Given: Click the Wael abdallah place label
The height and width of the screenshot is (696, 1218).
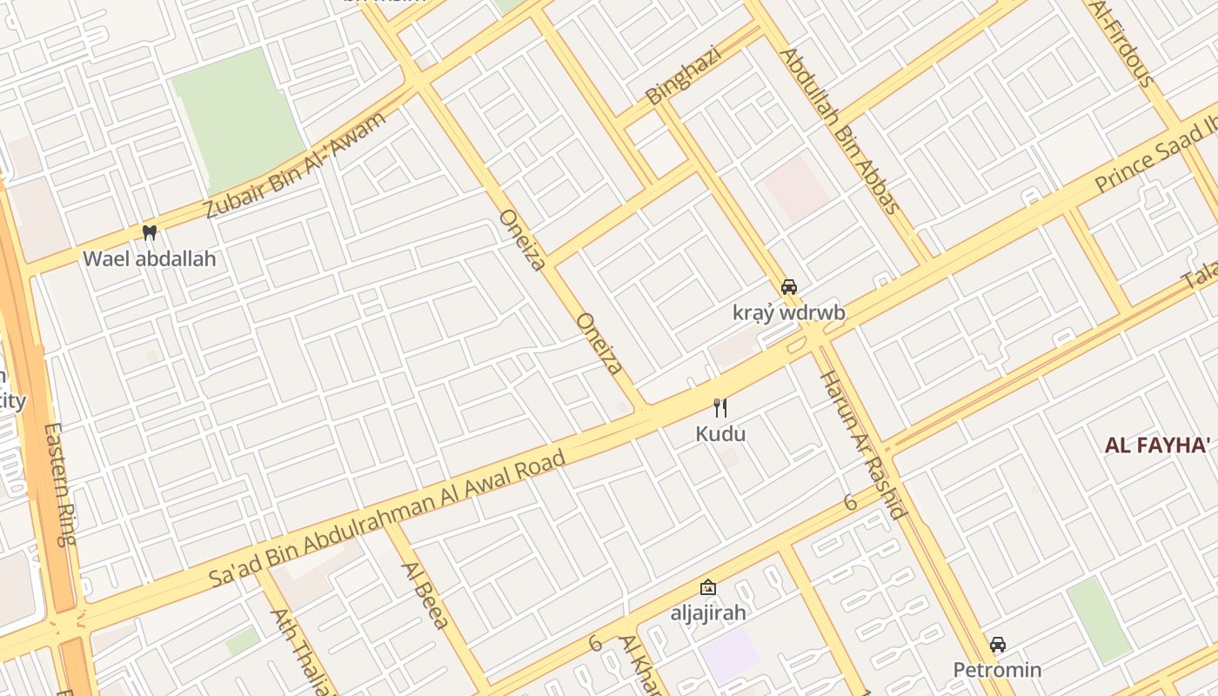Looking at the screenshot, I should pyautogui.click(x=149, y=258).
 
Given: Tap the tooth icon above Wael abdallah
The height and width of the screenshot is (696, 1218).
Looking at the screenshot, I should pyautogui.click(x=149, y=232).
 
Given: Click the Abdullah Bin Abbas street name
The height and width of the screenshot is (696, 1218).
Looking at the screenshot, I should pyautogui.click(x=840, y=131).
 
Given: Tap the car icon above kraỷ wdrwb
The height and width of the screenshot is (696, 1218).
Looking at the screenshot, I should pyautogui.click(x=789, y=286).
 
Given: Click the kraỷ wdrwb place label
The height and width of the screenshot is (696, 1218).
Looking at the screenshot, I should pyautogui.click(x=788, y=312).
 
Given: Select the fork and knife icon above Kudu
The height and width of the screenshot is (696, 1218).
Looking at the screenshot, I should pyautogui.click(x=719, y=407).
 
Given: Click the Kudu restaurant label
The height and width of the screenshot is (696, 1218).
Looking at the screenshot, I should pyautogui.click(x=720, y=433).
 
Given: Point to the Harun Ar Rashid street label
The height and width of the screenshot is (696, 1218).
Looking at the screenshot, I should pyautogui.click(x=864, y=444).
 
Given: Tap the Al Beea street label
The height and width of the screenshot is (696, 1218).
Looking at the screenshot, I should pyautogui.click(x=425, y=595).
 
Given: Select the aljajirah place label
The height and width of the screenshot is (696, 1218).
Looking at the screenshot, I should pyautogui.click(x=708, y=612).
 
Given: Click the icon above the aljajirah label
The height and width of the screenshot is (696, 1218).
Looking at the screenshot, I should pyautogui.click(x=708, y=587).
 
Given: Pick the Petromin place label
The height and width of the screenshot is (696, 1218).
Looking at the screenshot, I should pyautogui.click(x=997, y=670).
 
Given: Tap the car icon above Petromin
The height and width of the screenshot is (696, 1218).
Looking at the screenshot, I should pyautogui.click(x=998, y=645).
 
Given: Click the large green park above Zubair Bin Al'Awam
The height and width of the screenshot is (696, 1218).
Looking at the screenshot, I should pyautogui.click(x=237, y=117).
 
